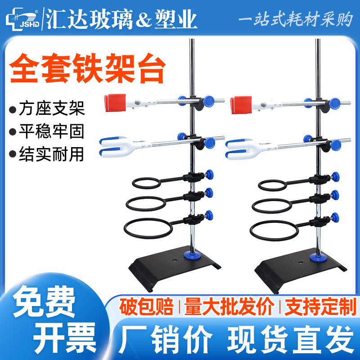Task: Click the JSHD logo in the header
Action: click(22, 19)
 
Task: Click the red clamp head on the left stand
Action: click(115, 103)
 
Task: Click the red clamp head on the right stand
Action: click(241, 105)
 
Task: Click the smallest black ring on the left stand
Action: click(147, 183)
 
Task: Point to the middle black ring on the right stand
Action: click(272, 206)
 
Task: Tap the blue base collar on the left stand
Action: click(193, 255)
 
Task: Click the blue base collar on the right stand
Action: click(319, 257)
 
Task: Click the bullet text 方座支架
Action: click(52, 108)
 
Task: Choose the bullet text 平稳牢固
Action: click(51, 131)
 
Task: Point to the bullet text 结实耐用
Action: click(51, 154)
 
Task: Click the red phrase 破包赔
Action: click(146, 306)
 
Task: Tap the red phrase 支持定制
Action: click(320, 306)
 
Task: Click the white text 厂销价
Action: click(165, 339)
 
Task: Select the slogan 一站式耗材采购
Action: click(296, 19)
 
